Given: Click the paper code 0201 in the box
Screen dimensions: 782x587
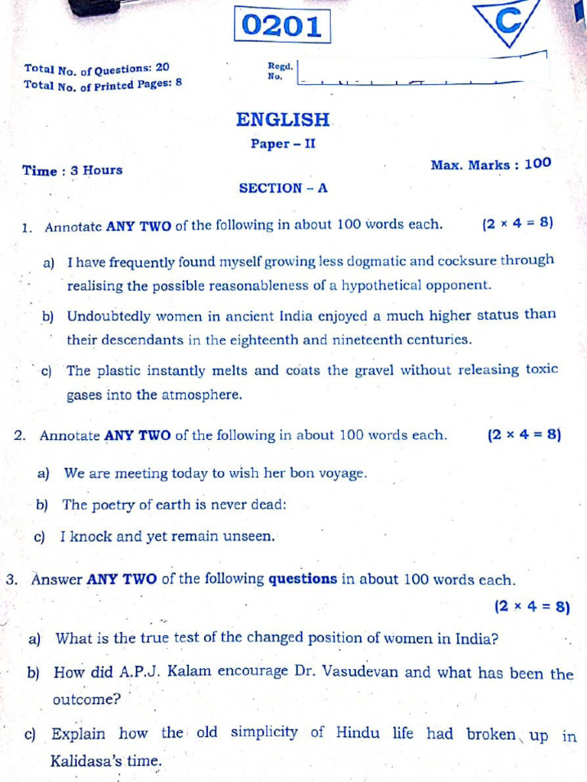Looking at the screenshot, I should pyautogui.click(x=282, y=26).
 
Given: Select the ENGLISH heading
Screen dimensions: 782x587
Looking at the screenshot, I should pyautogui.click(x=283, y=120).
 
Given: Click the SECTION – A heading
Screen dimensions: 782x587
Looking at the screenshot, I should pyautogui.click(x=283, y=188).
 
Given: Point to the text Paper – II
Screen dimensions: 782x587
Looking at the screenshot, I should pyautogui.click(x=283, y=144).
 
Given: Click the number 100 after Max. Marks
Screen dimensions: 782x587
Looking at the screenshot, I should pyautogui.click(x=537, y=163).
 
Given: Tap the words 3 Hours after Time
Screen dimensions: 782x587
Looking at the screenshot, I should pyautogui.click(x=96, y=170).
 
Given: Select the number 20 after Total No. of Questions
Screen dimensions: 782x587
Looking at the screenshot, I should pyautogui.click(x=162, y=67).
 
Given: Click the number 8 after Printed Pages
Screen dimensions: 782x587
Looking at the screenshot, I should pyautogui.click(x=179, y=82).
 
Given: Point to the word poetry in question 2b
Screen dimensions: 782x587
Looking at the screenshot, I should pyautogui.click(x=115, y=505).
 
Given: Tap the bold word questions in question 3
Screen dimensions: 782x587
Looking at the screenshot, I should pyautogui.click(x=303, y=579).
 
